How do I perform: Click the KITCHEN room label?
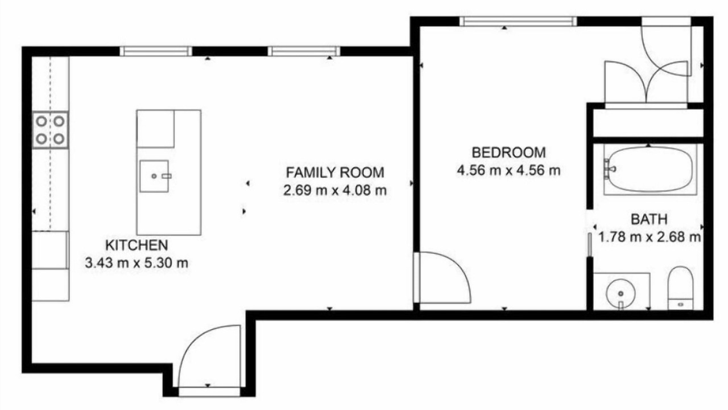[x=136, y=245]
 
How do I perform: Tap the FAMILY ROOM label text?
[x=335, y=173]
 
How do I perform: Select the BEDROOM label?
[x=508, y=153]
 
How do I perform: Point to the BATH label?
[x=649, y=219]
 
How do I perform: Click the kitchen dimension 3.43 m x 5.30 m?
[x=136, y=263]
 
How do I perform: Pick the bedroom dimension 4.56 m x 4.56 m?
[x=508, y=170]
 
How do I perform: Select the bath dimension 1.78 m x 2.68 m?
[x=650, y=237]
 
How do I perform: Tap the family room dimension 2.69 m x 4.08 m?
[x=335, y=190]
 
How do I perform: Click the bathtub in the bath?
[x=650, y=170]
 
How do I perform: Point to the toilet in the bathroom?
[x=680, y=288]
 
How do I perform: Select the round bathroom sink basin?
[x=621, y=293]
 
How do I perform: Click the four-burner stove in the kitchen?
[x=50, y=130]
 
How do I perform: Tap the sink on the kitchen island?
[x=154, y=176]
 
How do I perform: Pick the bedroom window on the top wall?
[x=518, y=22]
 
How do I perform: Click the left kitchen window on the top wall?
[x=156, y=51]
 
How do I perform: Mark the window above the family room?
[x=304, y=51]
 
